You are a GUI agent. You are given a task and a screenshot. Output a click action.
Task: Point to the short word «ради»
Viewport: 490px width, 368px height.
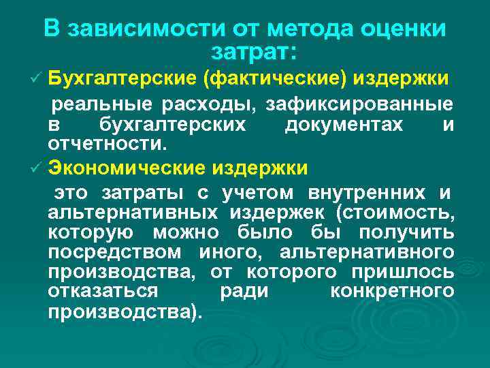pos(244,292)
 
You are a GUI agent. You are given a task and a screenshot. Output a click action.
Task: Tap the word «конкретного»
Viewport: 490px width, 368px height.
pos(392,292)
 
